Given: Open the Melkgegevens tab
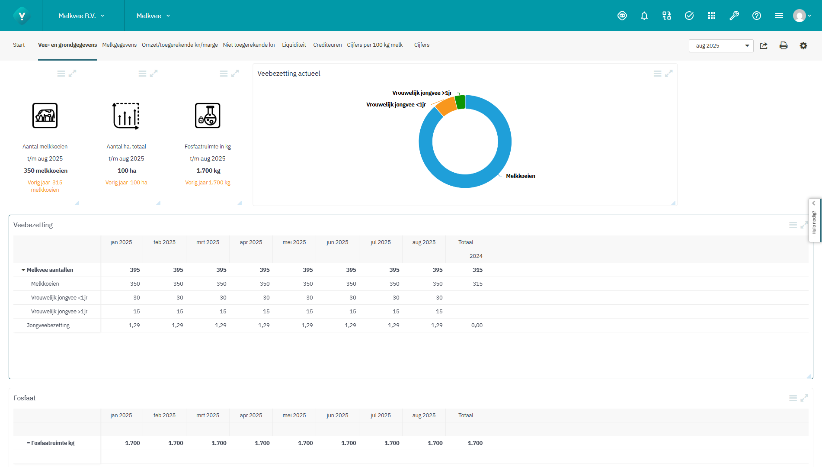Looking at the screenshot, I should click(x=119, y=45).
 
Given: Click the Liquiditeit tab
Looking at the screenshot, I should click(x=294, y=45).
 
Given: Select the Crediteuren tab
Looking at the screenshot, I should click(x=327, y=45).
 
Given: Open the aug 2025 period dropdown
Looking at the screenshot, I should click(x=721, y=46).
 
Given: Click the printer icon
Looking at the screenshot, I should click(x=784, y=46).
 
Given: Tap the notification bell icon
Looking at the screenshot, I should click(x=644, y=16).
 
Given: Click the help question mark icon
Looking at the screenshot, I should click(x=757, y=16).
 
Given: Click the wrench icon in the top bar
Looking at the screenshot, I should click(x=734, y=16).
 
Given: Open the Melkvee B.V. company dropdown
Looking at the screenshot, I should click(x=82, y=16).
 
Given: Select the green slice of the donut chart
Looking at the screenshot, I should click(x=460, y=102).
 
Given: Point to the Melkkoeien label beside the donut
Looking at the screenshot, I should click(x=521, y=176).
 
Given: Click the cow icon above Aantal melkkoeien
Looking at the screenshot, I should click(x=45, y=116).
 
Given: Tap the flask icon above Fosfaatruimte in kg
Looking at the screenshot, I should click(x=208, y=116).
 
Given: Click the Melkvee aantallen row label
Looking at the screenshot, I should click(x=50, y=270).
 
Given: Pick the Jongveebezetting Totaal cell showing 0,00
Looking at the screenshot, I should click(x=477, y=325).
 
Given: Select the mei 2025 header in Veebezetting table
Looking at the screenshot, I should click(x=294, y=242).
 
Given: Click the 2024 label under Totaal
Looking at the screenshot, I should click(x=476, y=256).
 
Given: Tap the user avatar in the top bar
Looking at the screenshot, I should click(x=800, y=16).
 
